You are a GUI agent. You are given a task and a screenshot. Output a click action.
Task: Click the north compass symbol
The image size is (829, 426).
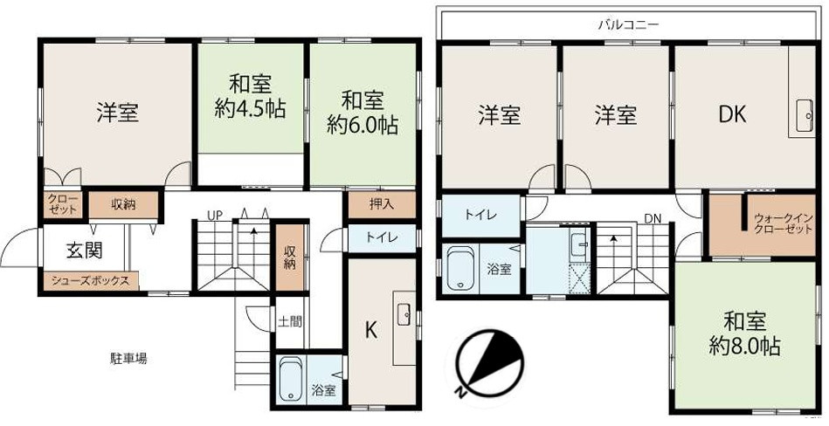490,364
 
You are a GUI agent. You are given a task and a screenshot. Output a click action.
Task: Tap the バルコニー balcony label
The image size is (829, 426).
628,24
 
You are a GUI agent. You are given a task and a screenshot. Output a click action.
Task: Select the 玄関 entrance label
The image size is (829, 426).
84,251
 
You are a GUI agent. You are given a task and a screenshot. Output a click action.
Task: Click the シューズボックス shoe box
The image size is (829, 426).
90,281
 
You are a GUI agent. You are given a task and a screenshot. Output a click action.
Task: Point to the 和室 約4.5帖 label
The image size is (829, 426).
251,96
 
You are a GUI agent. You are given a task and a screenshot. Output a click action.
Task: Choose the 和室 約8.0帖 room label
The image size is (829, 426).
744,333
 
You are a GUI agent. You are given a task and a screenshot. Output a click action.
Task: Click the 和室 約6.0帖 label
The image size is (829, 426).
363,113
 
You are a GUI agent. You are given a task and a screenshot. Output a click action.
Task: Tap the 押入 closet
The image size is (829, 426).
382,204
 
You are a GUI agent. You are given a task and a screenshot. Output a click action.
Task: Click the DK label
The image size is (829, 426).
732,114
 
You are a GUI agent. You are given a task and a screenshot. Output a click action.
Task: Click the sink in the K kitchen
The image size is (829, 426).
404,316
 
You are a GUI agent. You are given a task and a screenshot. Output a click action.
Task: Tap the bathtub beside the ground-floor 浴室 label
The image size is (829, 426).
290,379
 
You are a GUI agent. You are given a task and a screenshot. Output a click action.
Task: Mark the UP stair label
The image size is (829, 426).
215,215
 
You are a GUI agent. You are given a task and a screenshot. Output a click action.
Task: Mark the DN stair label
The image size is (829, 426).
653,218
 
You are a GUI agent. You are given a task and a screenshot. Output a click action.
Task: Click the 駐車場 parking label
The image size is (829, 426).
128,359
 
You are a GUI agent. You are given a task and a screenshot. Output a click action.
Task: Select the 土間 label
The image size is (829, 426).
290,321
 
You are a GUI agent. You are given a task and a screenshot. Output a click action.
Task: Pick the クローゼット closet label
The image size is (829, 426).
62,204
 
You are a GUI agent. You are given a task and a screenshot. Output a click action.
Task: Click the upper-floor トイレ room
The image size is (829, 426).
480,216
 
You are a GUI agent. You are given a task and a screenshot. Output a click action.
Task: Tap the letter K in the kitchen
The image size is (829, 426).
371,331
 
